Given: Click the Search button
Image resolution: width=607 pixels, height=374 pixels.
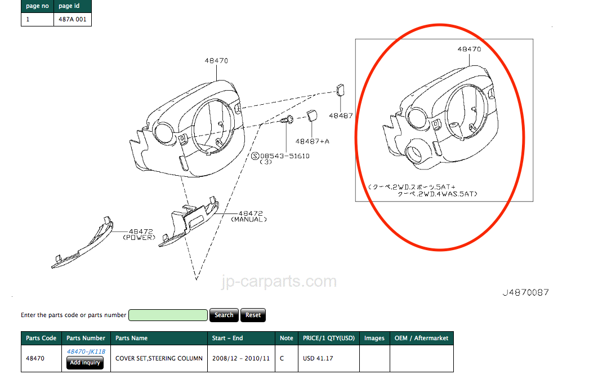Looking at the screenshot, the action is point(224,315).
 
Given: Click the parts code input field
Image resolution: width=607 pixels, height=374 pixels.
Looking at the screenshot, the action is point(168,315).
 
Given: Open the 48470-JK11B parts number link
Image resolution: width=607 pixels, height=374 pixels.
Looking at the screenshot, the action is point(86,351).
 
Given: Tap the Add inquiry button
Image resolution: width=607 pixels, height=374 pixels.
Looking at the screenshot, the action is point(85,363).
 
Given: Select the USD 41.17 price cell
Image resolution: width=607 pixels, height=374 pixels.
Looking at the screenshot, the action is point(329,359).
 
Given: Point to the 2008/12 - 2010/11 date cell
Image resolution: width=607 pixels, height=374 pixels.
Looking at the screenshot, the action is point(241,359).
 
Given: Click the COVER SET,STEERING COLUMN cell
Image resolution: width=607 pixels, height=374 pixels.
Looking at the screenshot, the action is point(159,359).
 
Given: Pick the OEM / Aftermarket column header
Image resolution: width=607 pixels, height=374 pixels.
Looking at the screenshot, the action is point(422,338).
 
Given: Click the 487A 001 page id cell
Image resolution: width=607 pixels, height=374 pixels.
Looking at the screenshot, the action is point(73,19).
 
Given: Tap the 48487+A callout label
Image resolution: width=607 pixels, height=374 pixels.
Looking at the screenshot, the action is point(312,142).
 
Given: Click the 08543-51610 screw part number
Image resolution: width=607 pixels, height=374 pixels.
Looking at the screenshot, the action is point(284,156).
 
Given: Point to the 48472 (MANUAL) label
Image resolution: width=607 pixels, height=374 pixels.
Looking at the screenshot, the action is point(249,216).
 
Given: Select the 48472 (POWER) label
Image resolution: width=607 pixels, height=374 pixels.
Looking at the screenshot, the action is point(140,235).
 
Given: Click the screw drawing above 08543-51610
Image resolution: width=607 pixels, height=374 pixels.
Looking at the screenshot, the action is point(287,120).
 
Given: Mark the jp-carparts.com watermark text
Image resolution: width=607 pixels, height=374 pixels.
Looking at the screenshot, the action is point(279,282).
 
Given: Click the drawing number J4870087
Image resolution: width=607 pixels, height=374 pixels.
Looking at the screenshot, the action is point(526,293).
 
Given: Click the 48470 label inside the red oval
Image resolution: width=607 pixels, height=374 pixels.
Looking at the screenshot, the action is point(469,49).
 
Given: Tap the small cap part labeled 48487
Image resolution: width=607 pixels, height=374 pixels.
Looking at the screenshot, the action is point(340,90).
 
